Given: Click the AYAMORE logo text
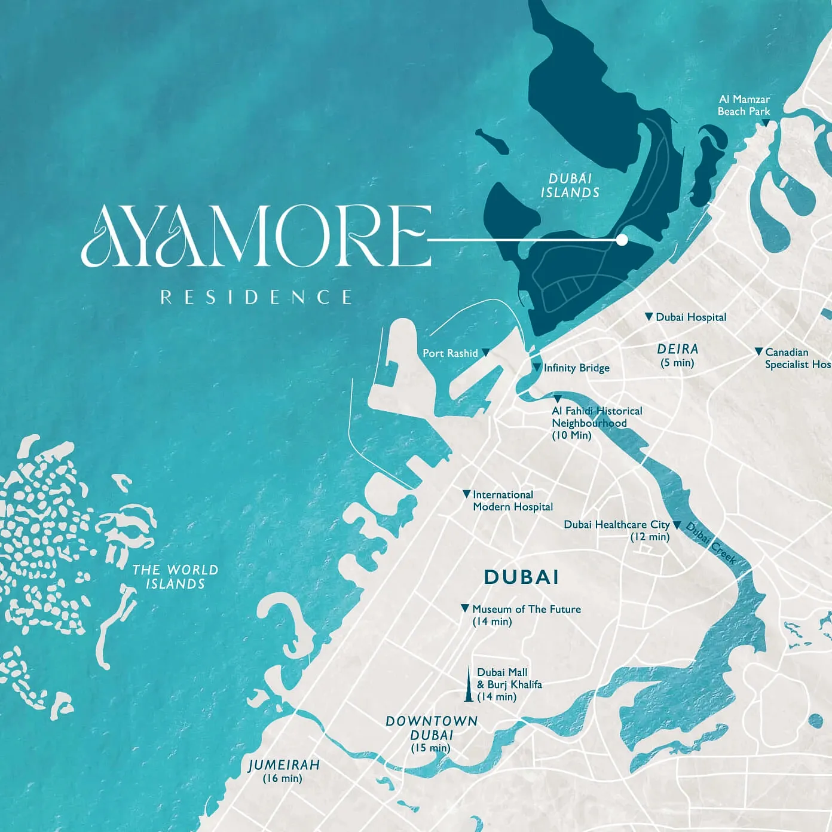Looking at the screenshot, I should tap(256, 236).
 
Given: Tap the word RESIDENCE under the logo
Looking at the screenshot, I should tap(256, 297).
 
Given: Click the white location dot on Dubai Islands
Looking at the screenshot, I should tap(622, 240).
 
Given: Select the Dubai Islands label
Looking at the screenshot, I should tap(570, 185).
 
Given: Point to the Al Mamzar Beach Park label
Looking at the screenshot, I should tap(744, 105).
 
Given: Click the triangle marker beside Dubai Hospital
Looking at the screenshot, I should tap(649, 316).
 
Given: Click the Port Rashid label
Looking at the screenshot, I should tap(450, 353).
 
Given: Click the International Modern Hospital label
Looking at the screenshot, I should tap(512, 501).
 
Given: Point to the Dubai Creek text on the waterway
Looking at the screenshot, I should tap(711, 543).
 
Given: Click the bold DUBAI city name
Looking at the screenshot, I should tap(521, 577).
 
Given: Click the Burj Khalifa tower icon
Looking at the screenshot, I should tap(469, 685).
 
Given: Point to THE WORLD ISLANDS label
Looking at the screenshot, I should tap(175, 577).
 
